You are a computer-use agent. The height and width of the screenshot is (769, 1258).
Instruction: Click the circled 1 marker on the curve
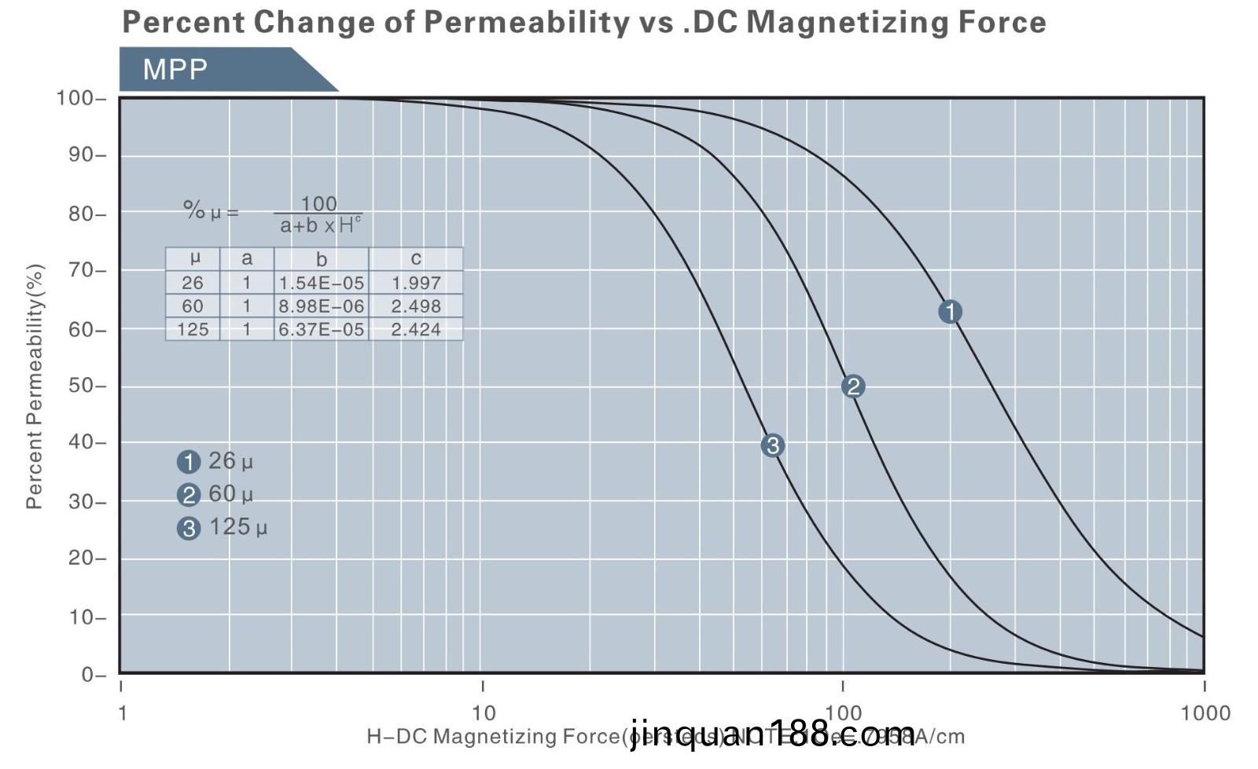(x=950, y=312)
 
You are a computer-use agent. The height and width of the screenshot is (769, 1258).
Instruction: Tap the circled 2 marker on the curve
(x=853, y=386)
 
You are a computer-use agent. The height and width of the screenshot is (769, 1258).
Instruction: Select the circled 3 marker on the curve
(x=772, y=445)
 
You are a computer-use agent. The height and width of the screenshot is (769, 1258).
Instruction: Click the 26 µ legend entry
(x=215, y=461)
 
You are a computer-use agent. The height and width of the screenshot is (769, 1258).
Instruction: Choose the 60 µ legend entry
(x=215, y=494)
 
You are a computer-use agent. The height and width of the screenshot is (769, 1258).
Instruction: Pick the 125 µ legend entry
(x=223, y=527)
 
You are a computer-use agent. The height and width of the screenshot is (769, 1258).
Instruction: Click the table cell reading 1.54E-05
(x=322, y=283)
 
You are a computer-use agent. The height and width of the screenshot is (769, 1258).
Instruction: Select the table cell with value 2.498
(x=416, y=306)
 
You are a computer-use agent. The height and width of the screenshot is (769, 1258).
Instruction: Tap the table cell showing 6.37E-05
(x=322, y=329)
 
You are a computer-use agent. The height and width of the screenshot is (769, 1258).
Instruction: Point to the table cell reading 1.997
(x=416, y=283)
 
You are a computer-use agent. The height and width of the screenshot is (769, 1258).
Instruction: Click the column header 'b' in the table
(x=322, y=259)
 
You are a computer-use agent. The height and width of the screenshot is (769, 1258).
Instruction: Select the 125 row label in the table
(x=193, y=329)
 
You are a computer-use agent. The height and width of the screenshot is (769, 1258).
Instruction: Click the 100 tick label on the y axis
(x=75, y=98)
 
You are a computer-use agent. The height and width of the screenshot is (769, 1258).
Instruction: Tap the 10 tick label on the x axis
(x=484, y=712)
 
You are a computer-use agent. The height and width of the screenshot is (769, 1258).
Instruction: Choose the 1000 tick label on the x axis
(x=1205, y=712)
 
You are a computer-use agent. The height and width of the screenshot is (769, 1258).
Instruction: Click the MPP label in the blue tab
(x=175, y=70)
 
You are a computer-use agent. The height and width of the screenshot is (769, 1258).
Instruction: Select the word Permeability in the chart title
(x=522, y=22)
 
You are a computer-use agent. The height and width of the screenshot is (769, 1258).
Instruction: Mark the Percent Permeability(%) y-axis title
(x=34, y=386)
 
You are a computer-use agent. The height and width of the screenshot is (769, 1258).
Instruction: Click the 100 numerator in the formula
(x=318, y=203)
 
